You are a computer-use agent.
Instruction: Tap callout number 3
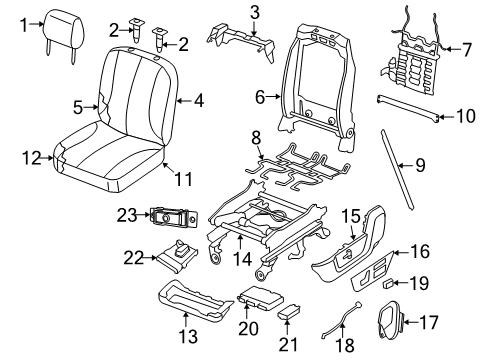point(254,12)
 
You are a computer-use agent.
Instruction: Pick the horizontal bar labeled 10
point(407,110)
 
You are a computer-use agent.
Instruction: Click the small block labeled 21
point(290,313)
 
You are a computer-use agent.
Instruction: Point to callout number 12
point(32,157)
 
